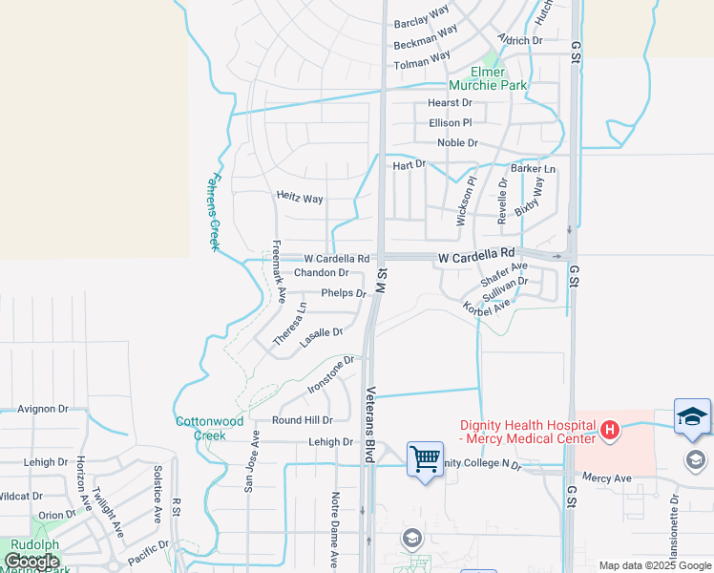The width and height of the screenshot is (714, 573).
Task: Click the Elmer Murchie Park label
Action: tap(498, 78)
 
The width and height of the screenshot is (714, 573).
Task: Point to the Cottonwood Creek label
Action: tap(210, 428)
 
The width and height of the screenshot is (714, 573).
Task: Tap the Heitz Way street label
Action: tap(300, 198)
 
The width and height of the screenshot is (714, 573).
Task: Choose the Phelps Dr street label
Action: tap(344, 293)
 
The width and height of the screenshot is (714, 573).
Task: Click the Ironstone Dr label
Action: tap(330, 374)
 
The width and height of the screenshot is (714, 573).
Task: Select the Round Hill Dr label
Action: tap(302, 419)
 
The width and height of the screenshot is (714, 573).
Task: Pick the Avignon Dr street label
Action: tap(44, 409)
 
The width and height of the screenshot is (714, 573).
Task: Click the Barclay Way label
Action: tap(421, 16)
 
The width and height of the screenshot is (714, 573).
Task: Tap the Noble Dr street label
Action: tap(457, 143)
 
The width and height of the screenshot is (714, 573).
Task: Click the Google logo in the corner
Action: tap(31, 562)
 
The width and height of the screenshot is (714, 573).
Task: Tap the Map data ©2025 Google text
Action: tap(654, 565)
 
